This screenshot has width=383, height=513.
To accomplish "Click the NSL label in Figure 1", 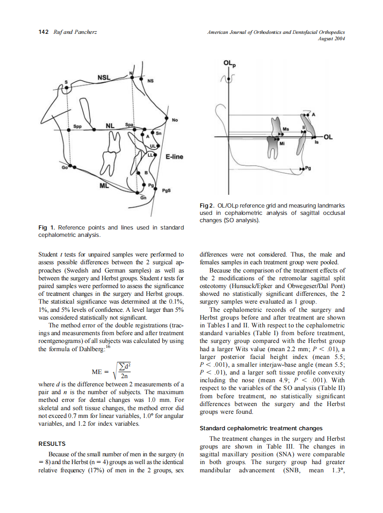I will [104, 77].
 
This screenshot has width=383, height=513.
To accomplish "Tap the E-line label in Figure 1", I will [174, 157].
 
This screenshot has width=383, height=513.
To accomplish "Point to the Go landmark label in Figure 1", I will [64, 168].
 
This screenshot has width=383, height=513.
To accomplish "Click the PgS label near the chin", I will [166, 192].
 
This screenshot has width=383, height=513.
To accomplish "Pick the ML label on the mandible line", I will [104, 186].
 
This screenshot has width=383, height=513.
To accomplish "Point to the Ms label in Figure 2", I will [286, 129].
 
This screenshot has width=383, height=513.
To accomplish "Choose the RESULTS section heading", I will [52, 444].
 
